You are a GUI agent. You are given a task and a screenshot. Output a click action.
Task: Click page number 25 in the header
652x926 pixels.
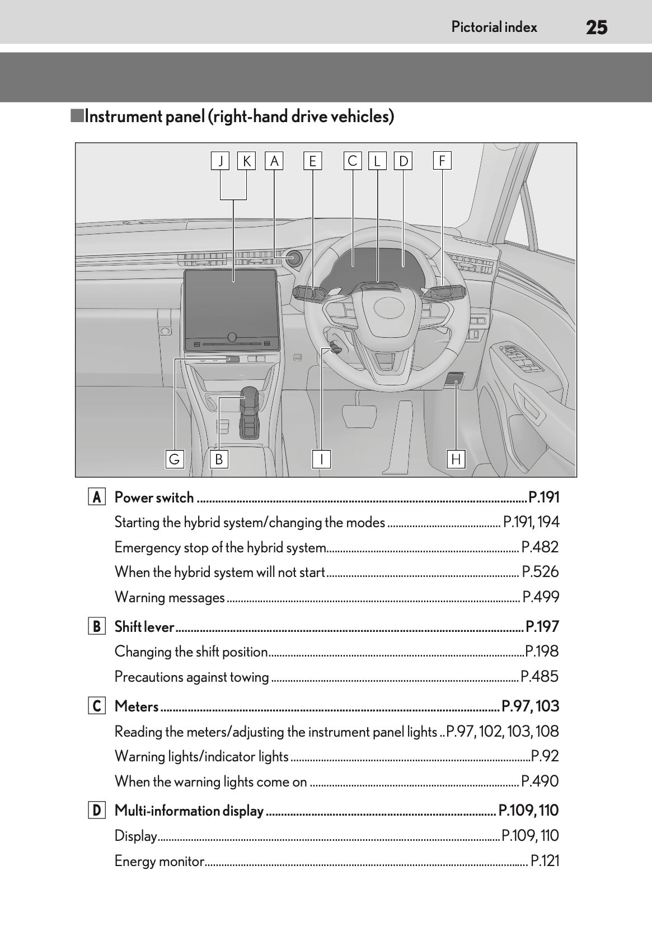point(597,27)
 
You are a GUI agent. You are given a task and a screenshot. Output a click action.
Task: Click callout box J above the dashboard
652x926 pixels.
point(221,161)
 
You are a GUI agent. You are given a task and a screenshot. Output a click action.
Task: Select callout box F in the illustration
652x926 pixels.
point(442,161)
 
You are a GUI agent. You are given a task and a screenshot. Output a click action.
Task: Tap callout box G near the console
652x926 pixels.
point(175,459)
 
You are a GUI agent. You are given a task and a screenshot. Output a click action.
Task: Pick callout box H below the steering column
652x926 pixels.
point(456,459)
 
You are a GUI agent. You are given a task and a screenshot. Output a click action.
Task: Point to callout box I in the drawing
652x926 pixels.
point(322,459)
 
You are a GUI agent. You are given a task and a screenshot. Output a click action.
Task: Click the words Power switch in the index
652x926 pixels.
point(154,497)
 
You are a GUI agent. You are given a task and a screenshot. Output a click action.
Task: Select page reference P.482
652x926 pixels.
point(540,547)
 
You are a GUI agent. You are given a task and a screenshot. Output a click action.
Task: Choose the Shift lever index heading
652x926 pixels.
point(144,627)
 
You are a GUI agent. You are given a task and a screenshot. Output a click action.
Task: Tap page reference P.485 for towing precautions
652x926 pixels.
point(540,677)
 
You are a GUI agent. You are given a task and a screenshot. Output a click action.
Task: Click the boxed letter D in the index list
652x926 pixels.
point(97,811)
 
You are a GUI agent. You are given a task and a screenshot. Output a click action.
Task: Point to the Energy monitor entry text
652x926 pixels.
point(160,861)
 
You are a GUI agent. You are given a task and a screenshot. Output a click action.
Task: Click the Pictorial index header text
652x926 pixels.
point(494,27)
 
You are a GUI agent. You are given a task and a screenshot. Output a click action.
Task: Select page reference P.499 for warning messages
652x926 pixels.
point(541,597)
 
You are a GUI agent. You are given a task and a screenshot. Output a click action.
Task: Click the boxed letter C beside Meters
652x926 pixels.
point(97,706)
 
